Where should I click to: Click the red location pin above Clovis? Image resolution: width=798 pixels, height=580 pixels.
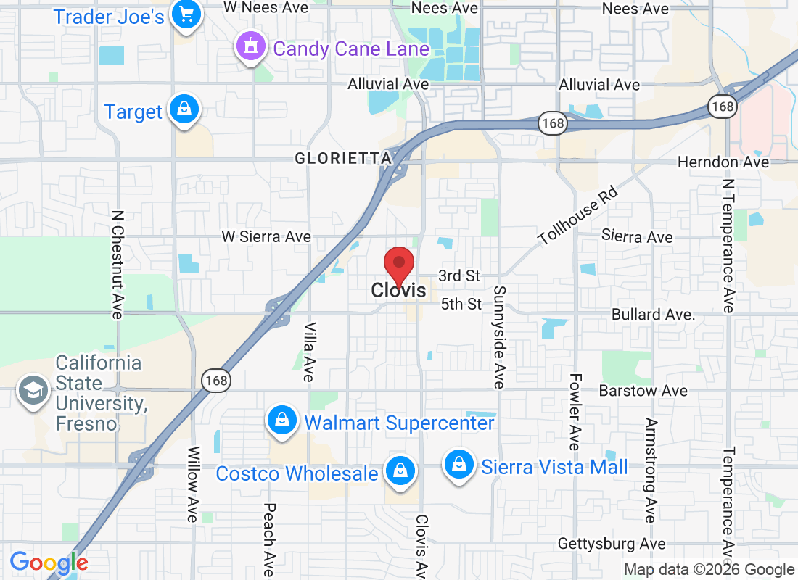click(x=398, y=265)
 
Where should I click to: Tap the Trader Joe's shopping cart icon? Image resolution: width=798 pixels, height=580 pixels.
click(x=186, y=15)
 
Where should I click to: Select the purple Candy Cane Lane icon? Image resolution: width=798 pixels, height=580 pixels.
click(x=250, y=47)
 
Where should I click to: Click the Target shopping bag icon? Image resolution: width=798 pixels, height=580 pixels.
click(x=184, y=110)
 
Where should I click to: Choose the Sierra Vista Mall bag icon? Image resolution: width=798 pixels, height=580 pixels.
click(x=459, y=463)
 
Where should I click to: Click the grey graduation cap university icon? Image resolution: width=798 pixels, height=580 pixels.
click(x=33, y=391)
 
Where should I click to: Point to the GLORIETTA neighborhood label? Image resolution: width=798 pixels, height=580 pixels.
click(x=343, y=158)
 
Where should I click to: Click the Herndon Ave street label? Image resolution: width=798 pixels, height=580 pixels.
click(x=723, y=162)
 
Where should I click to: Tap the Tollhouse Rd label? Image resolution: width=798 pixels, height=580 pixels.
click(x=577, y=215)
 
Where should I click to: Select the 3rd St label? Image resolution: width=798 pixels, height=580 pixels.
click(x=459, y=275)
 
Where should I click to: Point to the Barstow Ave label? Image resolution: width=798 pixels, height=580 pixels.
click(x=643, y=391)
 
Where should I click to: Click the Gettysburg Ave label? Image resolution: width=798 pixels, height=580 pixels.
click(x=612, y=544)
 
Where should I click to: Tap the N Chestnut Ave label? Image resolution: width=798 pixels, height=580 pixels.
click(x=117, y=265)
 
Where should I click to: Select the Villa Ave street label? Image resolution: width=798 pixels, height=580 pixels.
click(x=309, y=352)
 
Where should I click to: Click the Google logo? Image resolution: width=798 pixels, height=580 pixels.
click(x=49, y=562)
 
